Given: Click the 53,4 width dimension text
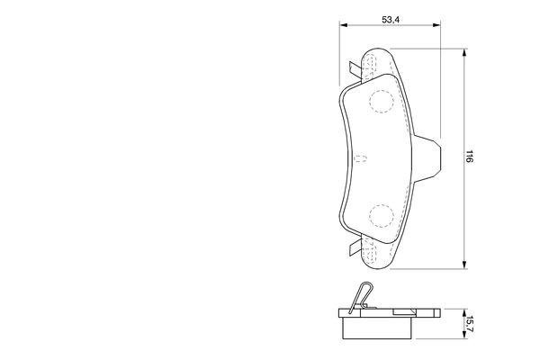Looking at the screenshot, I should click(390, 18).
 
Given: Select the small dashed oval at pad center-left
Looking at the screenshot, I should click(360, 160).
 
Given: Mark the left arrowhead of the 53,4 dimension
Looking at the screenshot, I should click(342, 26).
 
